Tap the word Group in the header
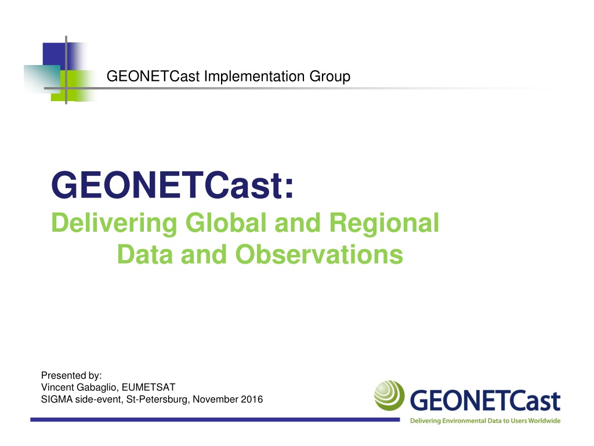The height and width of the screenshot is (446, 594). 329,77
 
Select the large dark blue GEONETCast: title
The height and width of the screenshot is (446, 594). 172,185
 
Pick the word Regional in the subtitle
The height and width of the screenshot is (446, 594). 384,224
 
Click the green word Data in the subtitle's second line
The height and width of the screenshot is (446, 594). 144,254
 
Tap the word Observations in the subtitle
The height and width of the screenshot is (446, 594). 319,254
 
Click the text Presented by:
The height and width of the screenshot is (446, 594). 71,376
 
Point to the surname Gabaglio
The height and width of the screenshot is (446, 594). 97,387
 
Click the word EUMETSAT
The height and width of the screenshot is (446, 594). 148,387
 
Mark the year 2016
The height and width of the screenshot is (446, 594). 252,400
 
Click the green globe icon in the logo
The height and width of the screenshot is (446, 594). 389,395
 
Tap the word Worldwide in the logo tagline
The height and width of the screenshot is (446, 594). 544,420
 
